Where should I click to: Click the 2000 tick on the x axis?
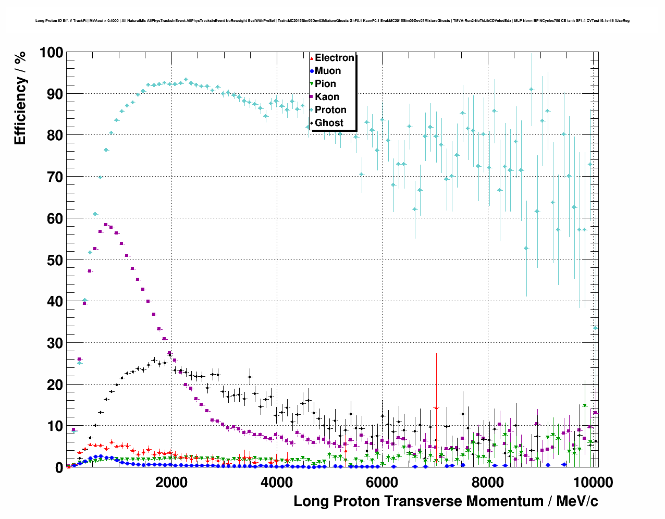(x=171, y=482)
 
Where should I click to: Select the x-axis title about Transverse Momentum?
(x=446, y=501)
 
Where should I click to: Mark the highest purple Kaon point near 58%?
(x=106, y=225)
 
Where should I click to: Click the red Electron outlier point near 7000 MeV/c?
(x=436, y=407)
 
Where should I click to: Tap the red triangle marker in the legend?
(x=312, y=58)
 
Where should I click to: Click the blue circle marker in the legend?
(x=312, y=71)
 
